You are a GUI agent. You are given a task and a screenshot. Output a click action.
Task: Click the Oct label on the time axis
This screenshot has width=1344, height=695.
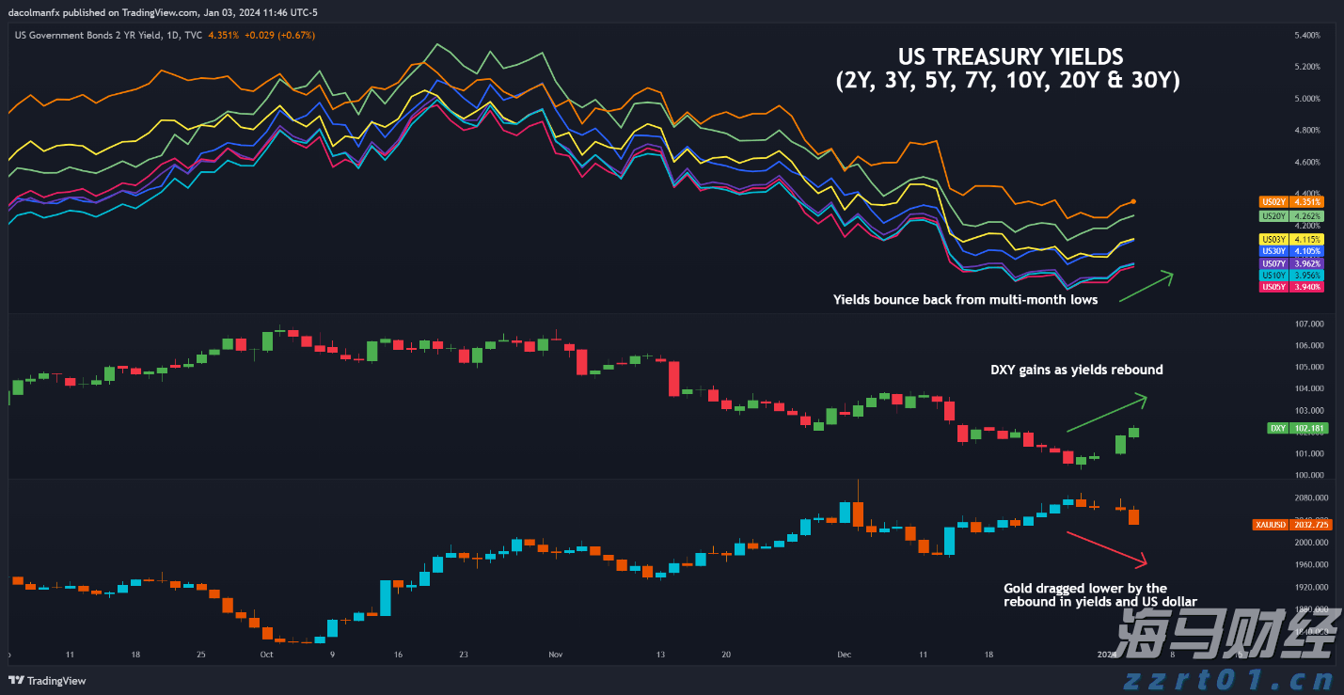tap(266, 655)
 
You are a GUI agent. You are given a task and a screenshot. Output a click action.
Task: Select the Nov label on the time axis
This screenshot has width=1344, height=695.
tap(555, 655)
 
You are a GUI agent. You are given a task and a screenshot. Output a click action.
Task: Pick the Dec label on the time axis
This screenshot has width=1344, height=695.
tap(844, 655)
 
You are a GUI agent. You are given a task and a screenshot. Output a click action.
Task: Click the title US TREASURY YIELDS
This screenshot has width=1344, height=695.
tap(1009, 56)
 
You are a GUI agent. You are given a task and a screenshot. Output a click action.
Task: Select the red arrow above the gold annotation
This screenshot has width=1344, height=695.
tap(1106, 548)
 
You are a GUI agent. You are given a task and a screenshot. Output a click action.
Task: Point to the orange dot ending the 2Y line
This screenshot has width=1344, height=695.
tap(1135, 201)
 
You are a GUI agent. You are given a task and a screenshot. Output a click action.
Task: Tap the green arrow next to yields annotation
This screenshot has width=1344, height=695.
tap(1146, 286)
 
